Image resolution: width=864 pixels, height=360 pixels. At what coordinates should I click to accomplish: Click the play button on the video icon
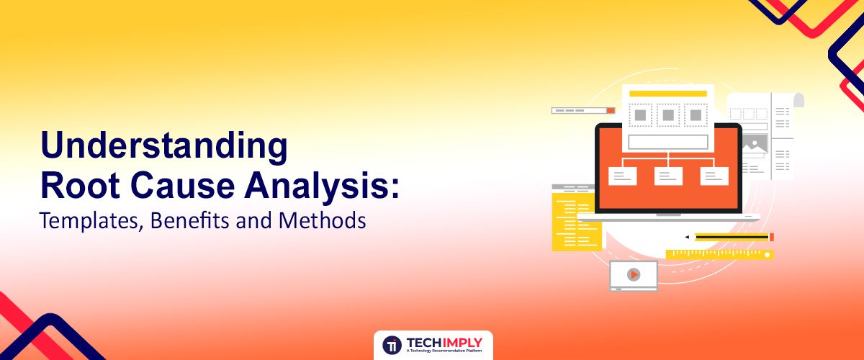tap(634, 274)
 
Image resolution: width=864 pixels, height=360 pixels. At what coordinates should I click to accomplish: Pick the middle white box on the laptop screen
tap(667, 176)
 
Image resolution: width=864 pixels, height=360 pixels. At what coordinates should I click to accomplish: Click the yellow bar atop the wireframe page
tap(667, 94)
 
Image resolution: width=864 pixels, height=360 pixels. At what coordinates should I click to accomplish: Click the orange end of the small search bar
tap(611, 111)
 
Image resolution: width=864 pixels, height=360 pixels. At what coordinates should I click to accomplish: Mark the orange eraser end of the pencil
tap(771, 237)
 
